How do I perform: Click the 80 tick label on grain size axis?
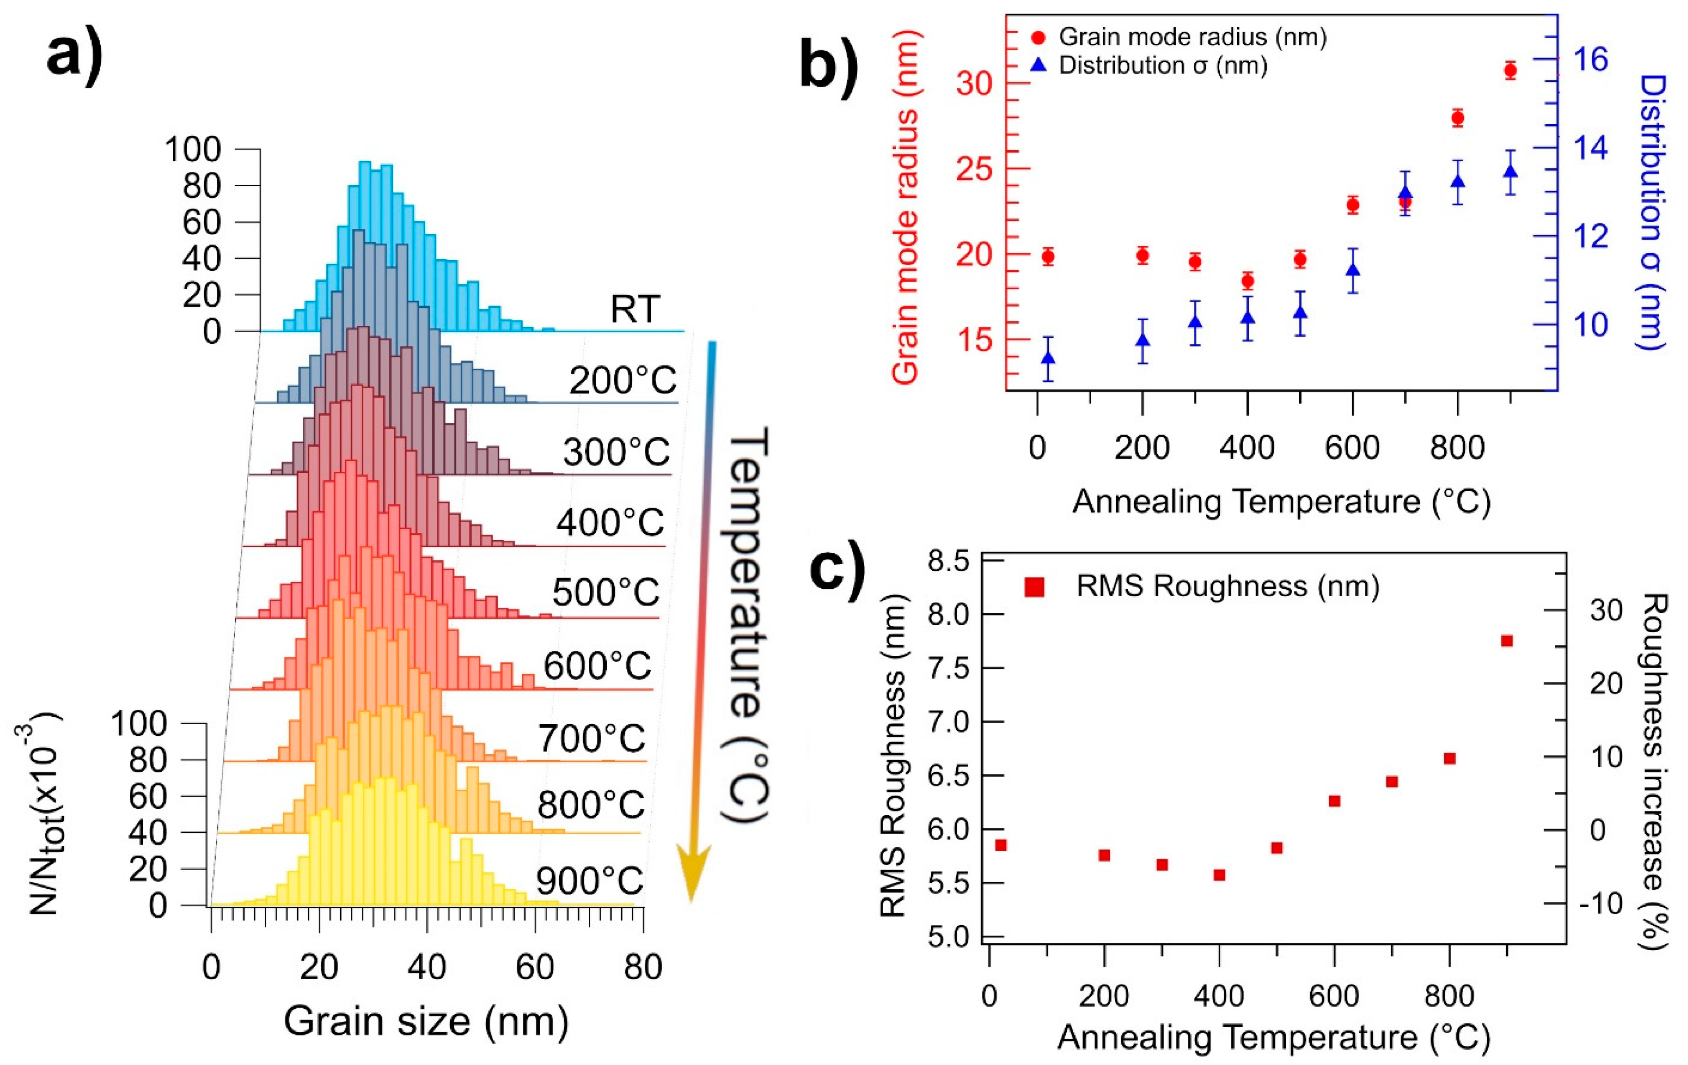[x=642, y=968]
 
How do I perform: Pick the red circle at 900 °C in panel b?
[x=1510, y=70]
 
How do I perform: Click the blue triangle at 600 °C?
[x=1353, y=269]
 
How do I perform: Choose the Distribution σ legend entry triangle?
[x=1040, y=65]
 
